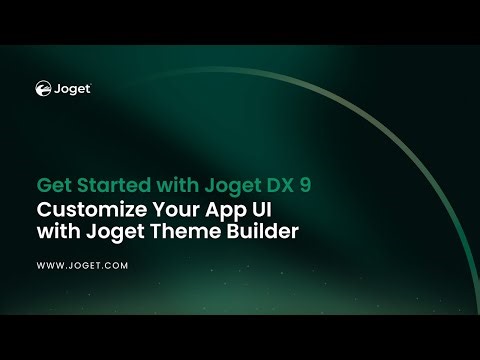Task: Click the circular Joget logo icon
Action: pyautogui.click(x=44, y=88)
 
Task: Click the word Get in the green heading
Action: pyautogui.click(x=52, y=186)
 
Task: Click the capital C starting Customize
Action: pyautogui.click(x=43, y=211)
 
